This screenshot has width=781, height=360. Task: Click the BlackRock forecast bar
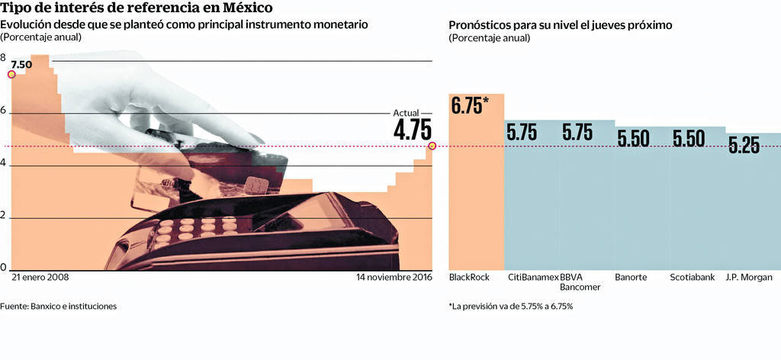476,191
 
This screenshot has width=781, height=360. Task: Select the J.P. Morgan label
749,278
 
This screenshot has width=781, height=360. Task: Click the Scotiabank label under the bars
693,278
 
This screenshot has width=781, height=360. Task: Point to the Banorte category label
631,278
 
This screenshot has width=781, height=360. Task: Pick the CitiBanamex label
532,278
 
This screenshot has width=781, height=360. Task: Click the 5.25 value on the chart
744,146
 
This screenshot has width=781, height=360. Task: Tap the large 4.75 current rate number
413,130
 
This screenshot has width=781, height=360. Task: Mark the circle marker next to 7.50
11,74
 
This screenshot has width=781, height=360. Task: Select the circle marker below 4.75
432,146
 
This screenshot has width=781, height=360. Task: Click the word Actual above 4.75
407,113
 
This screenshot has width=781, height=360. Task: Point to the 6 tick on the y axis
4,111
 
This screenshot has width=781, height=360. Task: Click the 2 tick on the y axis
4,216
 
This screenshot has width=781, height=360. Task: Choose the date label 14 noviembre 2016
394,278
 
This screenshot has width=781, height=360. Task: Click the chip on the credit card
254,186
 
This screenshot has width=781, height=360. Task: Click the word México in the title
249,8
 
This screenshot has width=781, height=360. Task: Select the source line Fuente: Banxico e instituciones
59,307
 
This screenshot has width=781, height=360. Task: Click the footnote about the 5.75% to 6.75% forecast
511,307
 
